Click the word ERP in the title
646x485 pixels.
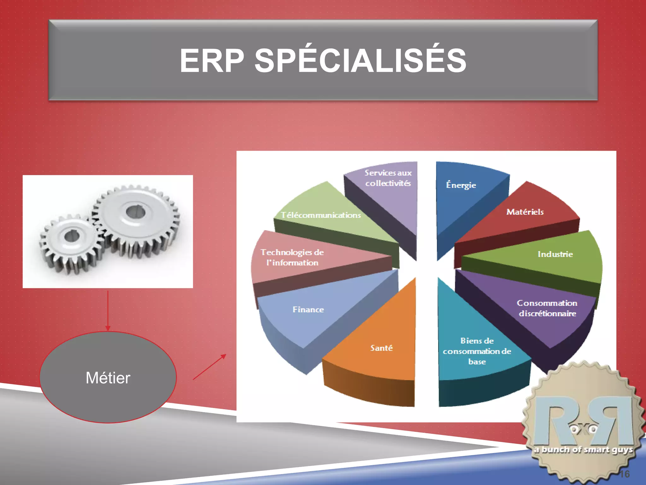pyautogui.click(x=212, y=61)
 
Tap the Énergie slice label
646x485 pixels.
pyautogui.click(x=461, y=185)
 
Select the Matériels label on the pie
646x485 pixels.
pyautogui.click(x=525, y=212)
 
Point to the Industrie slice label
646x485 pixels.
pyautogui.click(x=555, y=254)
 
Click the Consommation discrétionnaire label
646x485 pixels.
pyautogui.click(x=547, y=308)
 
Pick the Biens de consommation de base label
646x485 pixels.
pyautogui.click(x=477, y=351)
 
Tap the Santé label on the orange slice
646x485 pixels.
pyautogui.click(x=381, y=348)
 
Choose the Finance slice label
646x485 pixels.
pyautogui.click(x=308, y=309)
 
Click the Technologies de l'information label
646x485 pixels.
pyautogui.click(x=292, y=257)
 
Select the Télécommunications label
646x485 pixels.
pyautogui.click(x=321, y=215)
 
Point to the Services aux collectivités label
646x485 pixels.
pyautogui.click(x=388, y=178)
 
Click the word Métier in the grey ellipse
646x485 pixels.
pyautogui.click(x=108, y=378)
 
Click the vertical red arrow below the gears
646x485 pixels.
pyautogui.click(x=108, y=311)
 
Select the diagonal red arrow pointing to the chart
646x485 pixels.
pyautogui.click(x=209, y=367)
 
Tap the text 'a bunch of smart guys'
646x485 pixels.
pyautogui.click(x=584, y=450)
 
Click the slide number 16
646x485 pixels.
pyautogui.click(x=624, y=474)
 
